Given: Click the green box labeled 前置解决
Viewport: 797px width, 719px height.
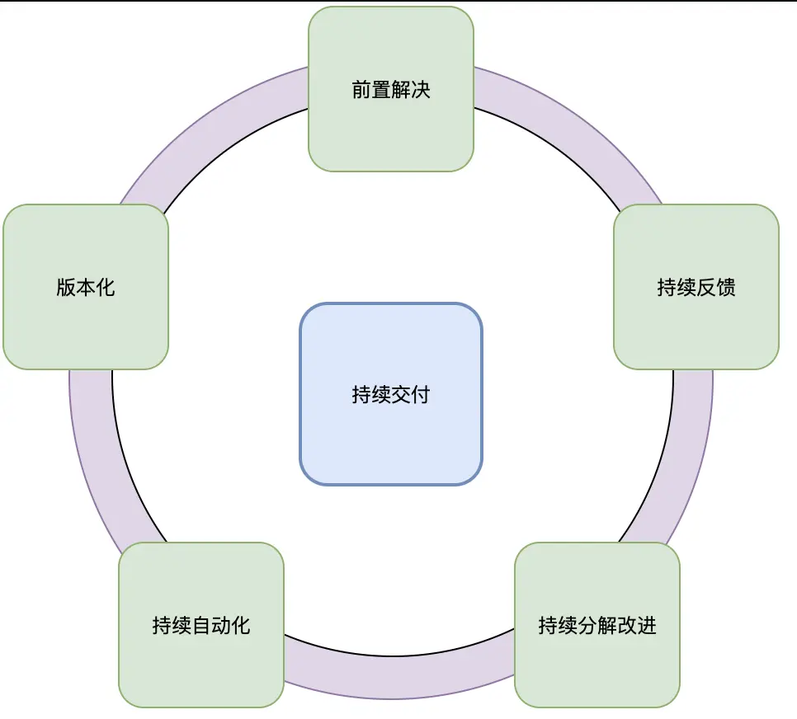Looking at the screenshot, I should pyautogui.click(x=390, y=124).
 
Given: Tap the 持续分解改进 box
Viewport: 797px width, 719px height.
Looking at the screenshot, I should pyautogui.click(x=597, y=660).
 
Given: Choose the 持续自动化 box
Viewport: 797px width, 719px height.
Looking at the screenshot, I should pyautogui.click(x=200, y=660).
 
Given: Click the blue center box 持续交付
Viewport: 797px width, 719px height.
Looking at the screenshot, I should pyautogui.click(x=390, y=437).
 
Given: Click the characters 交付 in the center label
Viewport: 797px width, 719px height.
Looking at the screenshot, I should pyautogui.click(x=410, y=395).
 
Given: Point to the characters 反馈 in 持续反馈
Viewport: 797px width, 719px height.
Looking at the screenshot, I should pyautogui.click(x=715, y=288).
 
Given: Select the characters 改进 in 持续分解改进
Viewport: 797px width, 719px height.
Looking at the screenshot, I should pyautogui.click(x=637, y=625).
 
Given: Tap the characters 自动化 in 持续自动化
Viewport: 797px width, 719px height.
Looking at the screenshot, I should pyautogui.click(x=220, y=625).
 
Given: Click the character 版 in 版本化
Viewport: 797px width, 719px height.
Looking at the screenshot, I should pyautogui.click(x=66, y=288).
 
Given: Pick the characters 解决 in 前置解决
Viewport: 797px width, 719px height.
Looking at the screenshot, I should pyautogui.click(x=411, y=89).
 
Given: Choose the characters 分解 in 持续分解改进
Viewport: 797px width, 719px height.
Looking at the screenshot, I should pyautogui.click(x=597, y=625).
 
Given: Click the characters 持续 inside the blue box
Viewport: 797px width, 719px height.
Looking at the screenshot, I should pyautogui.click(x=370, y=395).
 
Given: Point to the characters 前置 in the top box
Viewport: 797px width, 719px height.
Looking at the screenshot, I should pyautogui.click(x=371, y=89).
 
